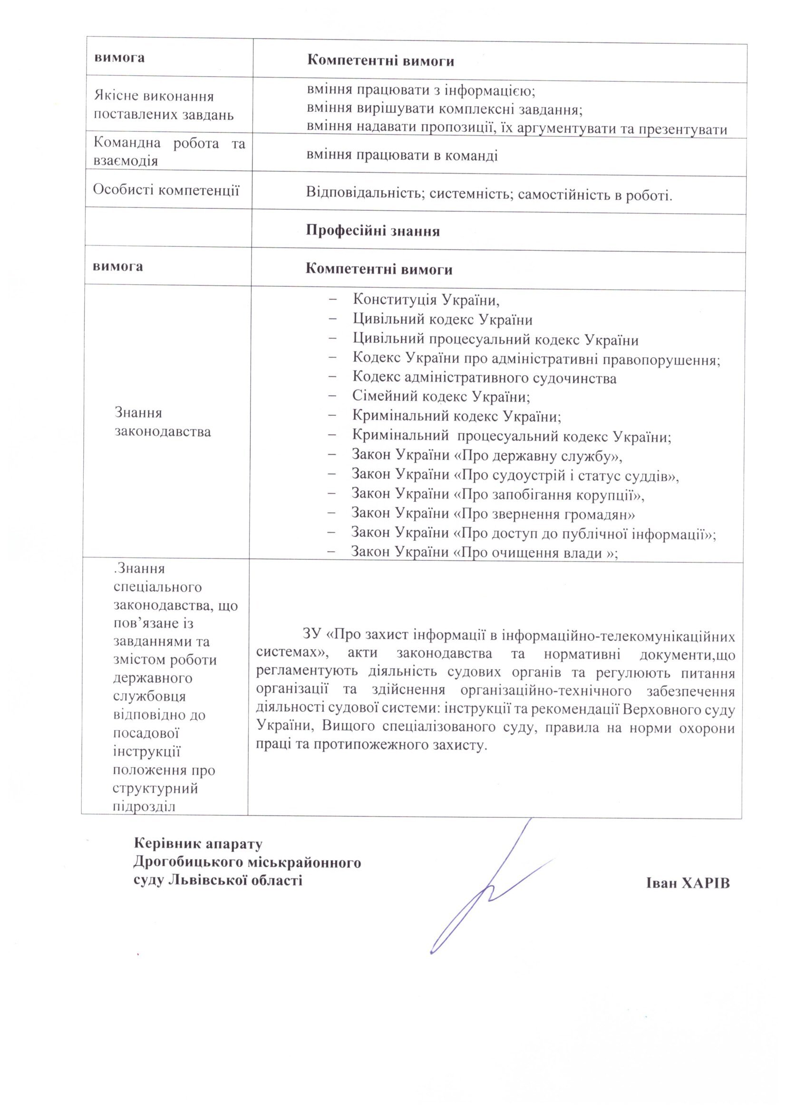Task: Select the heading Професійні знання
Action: tap(373, 231)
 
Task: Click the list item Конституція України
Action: tap(426, 300)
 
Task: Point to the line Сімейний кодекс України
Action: tap(441, 397)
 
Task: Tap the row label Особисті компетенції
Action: tap(166, 190)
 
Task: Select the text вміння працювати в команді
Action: tap(402, 156)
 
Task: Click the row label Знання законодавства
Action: tap(163, 422)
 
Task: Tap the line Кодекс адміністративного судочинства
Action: tap(485, 378)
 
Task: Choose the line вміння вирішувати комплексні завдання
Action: tap(444, 110)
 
